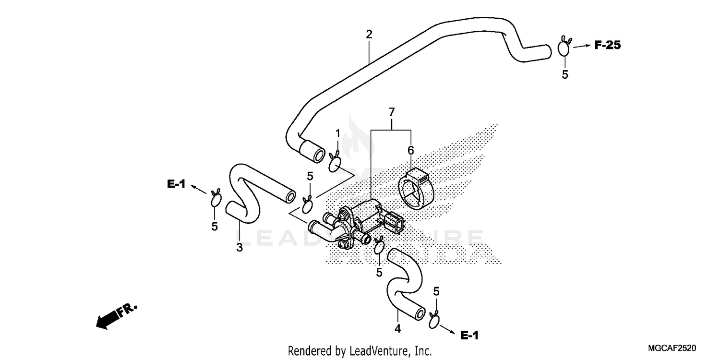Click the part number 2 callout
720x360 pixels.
369,35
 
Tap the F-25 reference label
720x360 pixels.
607,45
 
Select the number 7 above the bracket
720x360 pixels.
392,112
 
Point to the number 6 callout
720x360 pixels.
410,151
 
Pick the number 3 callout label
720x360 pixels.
239,248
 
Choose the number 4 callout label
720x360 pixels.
397,329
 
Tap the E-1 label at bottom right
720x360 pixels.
469,335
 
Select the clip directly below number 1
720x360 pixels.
335,164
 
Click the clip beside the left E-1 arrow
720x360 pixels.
216,199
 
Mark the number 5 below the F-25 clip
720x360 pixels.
565,74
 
